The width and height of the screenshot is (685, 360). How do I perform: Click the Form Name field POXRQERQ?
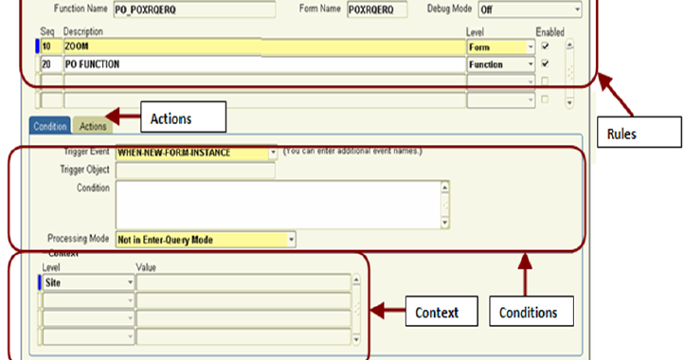375,9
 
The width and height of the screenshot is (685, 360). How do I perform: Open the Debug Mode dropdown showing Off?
528,9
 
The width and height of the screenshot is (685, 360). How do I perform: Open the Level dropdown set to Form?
500,45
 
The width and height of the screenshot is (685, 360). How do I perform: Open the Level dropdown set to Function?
500,63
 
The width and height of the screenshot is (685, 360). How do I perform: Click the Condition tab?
50,125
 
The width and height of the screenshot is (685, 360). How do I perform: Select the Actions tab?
93,125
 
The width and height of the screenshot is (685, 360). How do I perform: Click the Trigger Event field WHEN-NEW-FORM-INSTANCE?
195,151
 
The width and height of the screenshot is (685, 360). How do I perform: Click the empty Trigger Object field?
194,170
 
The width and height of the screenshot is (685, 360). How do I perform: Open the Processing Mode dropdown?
206,240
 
